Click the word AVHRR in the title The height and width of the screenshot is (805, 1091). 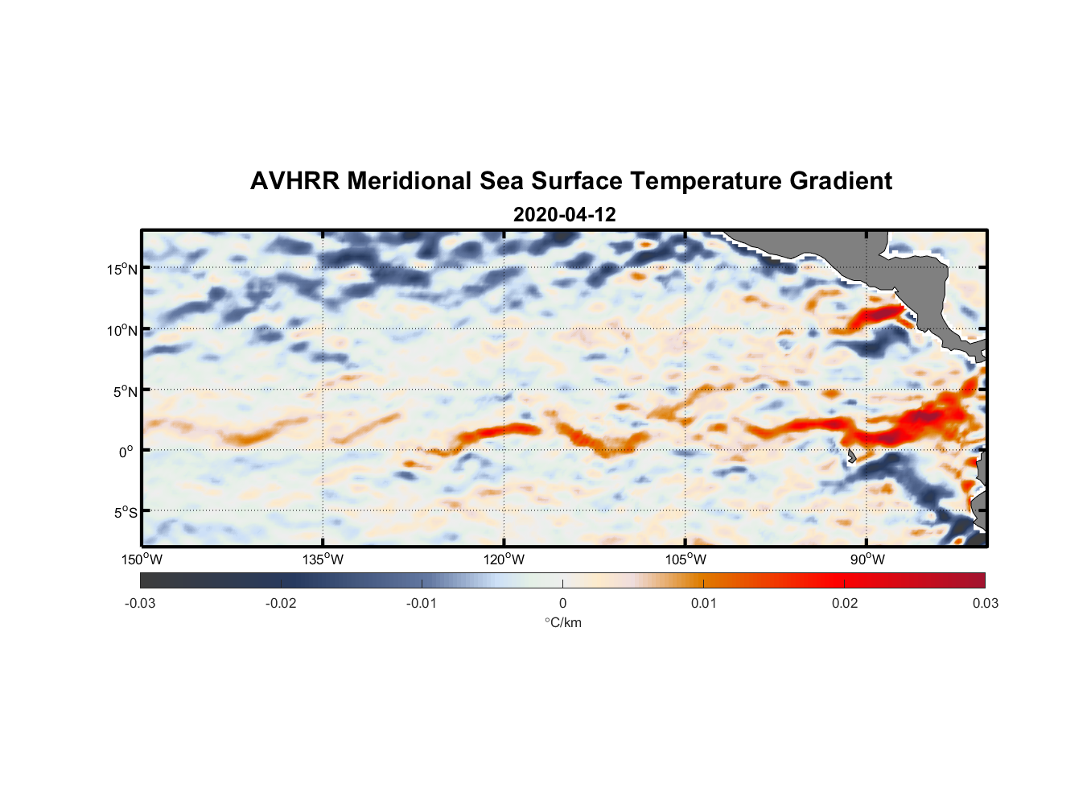tap(294, 181)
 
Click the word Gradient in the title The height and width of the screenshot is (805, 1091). tap(841, 181)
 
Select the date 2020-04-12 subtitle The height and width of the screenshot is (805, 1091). tap(564, 215)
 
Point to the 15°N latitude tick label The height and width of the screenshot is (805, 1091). tap(122, 269)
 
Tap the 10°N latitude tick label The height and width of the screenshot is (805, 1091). tap(122, 330)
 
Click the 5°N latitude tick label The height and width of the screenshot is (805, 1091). tap(126, 391)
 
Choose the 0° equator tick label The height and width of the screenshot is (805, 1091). tap(126, 452)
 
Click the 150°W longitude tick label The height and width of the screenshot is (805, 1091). tap(142, 559)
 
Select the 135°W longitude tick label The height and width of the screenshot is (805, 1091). tap(323, 559)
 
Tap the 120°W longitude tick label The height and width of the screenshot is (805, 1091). tap(504, 559)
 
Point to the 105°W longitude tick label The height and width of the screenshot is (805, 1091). tap(685, 559)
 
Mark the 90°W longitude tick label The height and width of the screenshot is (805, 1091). tap(867, 559)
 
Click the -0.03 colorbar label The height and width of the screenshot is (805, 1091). tap(140, 603)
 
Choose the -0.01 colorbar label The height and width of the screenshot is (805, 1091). tap(422, 603)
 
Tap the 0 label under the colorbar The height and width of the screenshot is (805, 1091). tap(562, 603)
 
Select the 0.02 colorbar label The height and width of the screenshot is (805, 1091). tap(845, 603)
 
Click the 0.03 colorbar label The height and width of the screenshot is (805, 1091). tap(985, 603)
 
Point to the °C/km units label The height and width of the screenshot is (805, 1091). tap(563, 622)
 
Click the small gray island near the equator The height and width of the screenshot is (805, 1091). tap(851, 456)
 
